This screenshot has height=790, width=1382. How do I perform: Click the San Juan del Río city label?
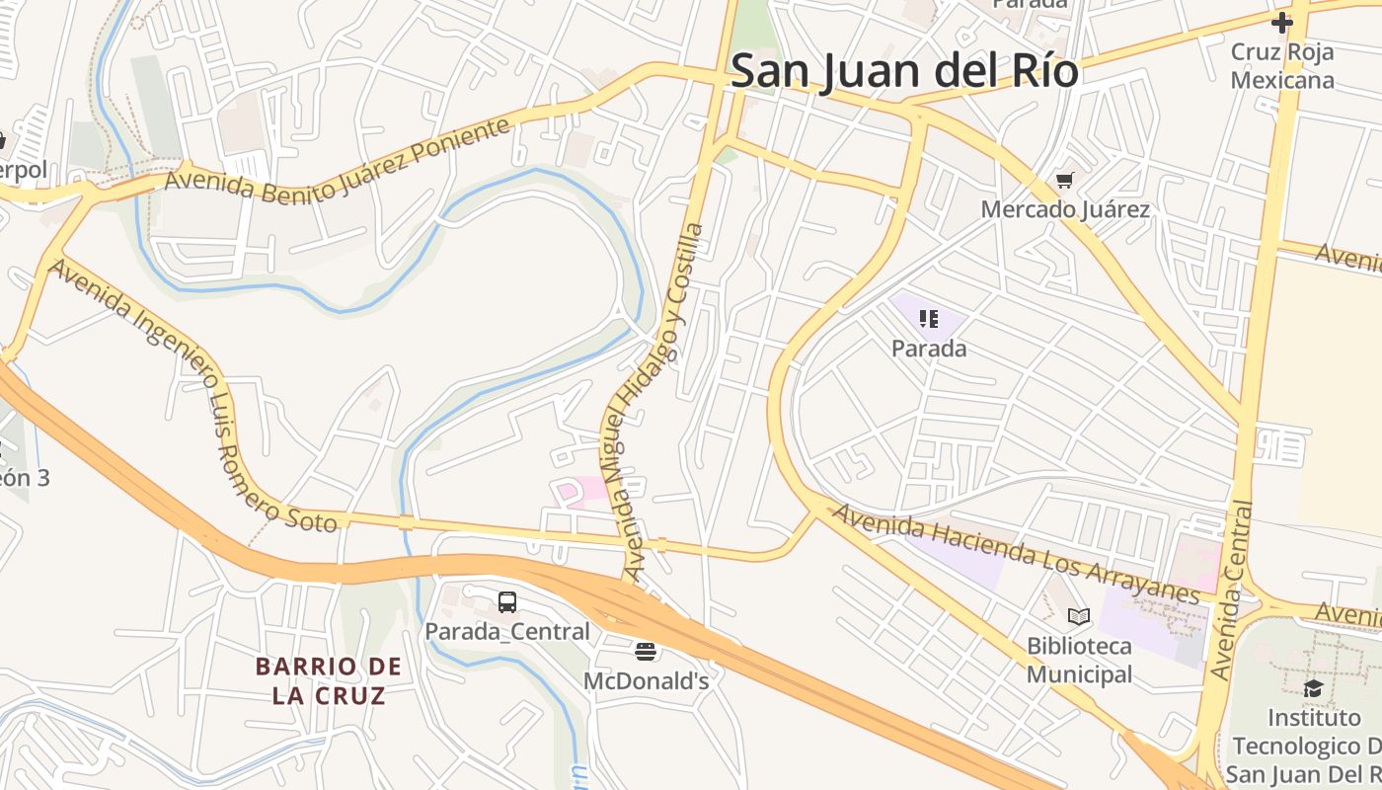point(903,71)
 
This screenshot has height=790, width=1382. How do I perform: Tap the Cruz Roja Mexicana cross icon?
point(1281,22)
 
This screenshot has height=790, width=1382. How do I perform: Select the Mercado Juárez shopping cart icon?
point(1064,180)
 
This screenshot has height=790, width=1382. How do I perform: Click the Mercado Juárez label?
point(1064,209)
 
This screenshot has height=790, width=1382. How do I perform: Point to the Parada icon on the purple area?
point(928,318)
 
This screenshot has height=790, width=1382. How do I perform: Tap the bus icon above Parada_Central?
point(507,601)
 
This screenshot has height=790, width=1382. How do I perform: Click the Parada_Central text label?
point(507,631)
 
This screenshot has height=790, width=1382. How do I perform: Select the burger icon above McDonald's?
point(646,651)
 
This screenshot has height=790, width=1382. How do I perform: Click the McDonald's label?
point(646,680)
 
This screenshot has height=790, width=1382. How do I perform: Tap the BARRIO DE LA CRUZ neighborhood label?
point(329,680)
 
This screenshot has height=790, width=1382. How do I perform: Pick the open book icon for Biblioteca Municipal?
point(1079,617)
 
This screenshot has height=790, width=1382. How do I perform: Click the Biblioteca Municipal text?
point(1079,660)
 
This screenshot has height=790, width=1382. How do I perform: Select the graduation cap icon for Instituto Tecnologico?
point(1313,688)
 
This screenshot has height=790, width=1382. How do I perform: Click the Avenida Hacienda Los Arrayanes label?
point(1015,553)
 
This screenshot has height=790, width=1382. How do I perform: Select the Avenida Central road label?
point(1232,591)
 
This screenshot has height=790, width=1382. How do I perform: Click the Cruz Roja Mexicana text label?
point(1281,66)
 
